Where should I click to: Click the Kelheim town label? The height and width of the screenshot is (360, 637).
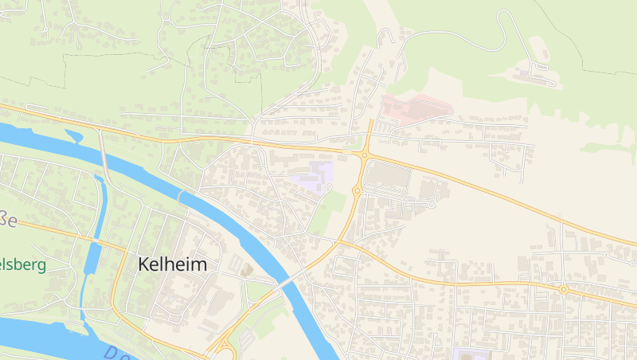tap(172, 264)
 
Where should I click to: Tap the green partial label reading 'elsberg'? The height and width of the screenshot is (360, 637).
tap(23, 264)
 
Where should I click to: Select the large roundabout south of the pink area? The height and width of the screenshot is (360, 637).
tap(365, 155)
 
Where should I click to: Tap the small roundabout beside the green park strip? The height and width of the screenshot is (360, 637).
tap(358, 190)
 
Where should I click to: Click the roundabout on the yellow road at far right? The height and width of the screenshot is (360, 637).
tap(563, 289)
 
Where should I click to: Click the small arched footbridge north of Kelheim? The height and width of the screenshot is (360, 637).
tap(181, 195)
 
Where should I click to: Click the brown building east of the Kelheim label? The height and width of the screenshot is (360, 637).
tap(246, 271)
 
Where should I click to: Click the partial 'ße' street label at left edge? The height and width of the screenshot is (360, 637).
tap(7, 219)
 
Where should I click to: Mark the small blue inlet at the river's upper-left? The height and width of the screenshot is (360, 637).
tap(75, 135)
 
